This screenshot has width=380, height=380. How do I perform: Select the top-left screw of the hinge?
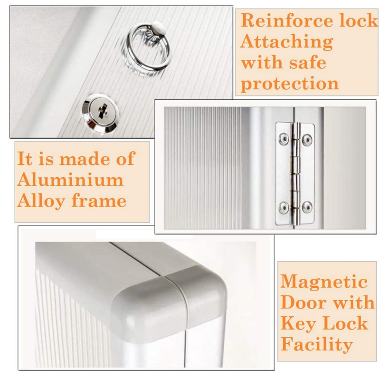tap(284, 139)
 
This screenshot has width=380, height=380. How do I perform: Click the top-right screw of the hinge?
tap(307, 139)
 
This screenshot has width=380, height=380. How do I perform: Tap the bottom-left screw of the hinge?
tap(284, 207)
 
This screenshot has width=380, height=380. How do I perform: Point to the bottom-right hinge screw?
tap(307, 207)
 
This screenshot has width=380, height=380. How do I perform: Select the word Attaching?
tap(287, 42)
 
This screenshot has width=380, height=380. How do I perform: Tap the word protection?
tap(290, 84)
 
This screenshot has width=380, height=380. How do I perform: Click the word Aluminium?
tap(70, 180)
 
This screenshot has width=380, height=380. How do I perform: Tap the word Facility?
tap(316, 344)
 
